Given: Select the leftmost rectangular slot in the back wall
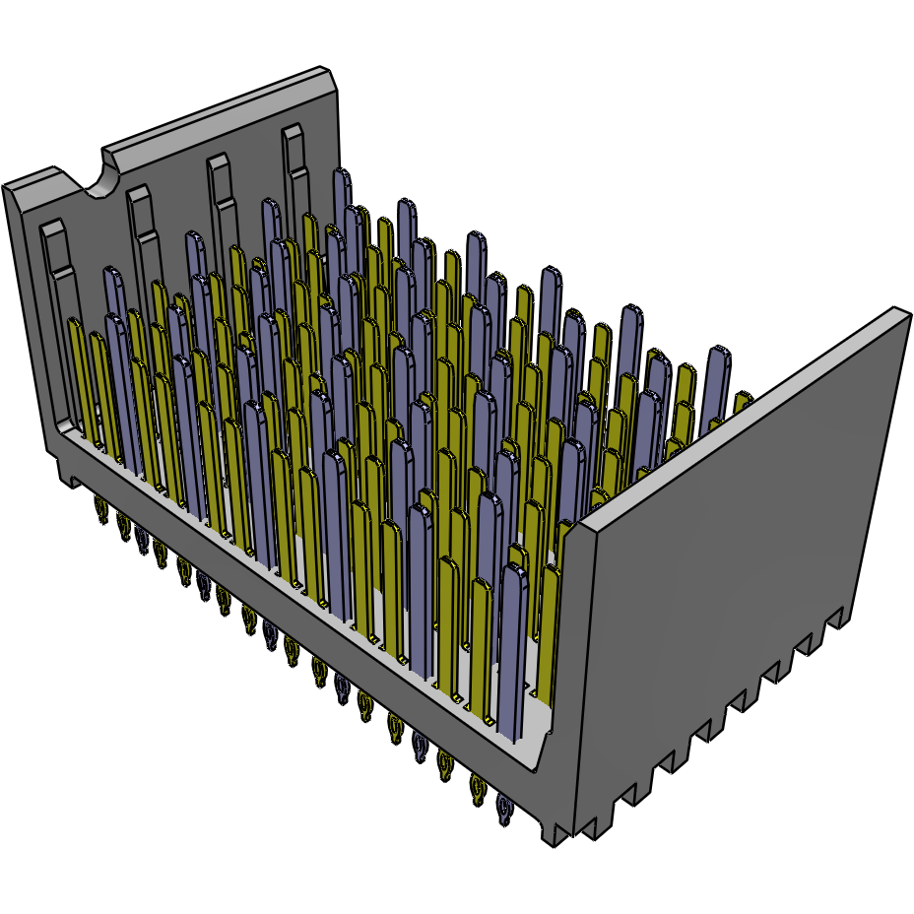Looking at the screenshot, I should [x=53, y=251].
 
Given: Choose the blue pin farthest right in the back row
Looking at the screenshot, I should [x=718, y=379].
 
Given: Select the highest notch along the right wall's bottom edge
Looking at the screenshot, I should [x=836, y=618].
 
